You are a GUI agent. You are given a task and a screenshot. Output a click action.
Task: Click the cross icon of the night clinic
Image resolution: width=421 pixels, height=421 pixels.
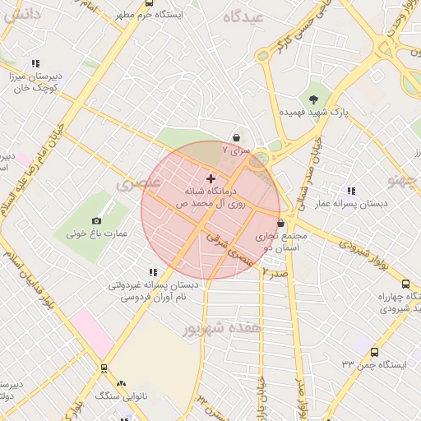tap(211, 178)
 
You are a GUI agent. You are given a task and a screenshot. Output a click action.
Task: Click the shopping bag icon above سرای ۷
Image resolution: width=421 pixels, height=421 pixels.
tap(237, 138)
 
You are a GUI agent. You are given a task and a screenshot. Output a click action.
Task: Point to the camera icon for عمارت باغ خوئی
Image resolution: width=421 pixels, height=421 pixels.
tap(97, 220)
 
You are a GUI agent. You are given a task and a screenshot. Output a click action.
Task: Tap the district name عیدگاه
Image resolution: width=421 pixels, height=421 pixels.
tap(248, 17)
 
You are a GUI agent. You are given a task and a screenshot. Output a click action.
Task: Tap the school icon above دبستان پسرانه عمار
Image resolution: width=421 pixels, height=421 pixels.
tap(351, 191)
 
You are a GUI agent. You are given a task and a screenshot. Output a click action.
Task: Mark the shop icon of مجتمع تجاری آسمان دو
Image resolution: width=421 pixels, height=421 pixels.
tap(281, 223)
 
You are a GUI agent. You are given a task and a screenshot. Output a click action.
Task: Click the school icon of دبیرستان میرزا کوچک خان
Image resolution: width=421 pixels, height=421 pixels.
tap(35, 63)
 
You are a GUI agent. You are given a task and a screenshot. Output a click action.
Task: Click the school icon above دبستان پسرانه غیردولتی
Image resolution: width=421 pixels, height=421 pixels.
tap(151, 272)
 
